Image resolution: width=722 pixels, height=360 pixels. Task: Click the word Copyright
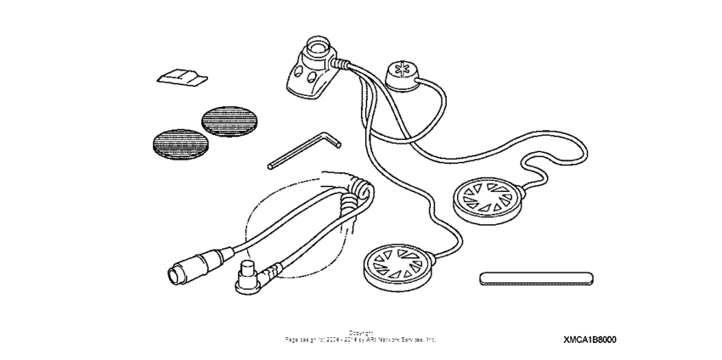(360, 331)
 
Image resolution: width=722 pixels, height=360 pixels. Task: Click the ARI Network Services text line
(360, 339)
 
